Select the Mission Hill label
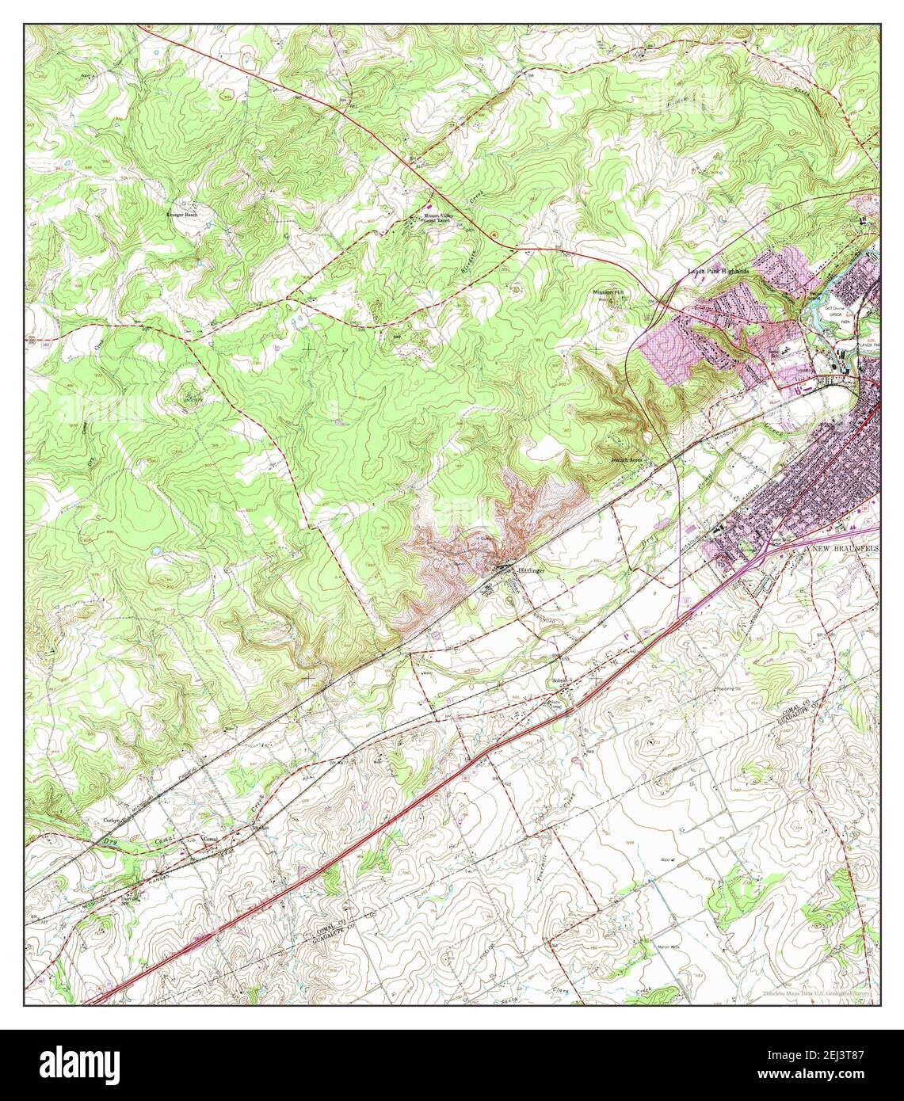point(608,293)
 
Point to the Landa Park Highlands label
point(718,272)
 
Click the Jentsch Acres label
point(626,459)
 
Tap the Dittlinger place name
point(532,569)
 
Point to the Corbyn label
point(111,821)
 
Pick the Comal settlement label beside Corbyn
point(209,839)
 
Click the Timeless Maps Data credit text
point(817,993)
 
